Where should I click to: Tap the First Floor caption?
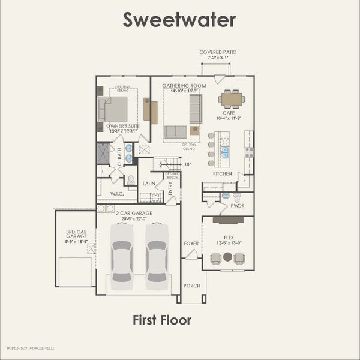[162, 320]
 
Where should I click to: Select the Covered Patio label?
[218, 53]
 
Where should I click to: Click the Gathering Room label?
[184, 86]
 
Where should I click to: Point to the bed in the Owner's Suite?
[115, 109]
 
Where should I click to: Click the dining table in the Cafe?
[231, 98]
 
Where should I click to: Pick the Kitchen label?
[222, 173]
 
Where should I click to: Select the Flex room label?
[228, 237]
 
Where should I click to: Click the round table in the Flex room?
[227, 257]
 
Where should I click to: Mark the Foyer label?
[191, 243]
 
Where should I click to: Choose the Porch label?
[191, 286]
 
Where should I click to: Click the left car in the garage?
[122, 253]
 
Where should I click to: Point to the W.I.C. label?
[117, 194]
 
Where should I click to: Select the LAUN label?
[149, 183]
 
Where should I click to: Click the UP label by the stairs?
[188, 164]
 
